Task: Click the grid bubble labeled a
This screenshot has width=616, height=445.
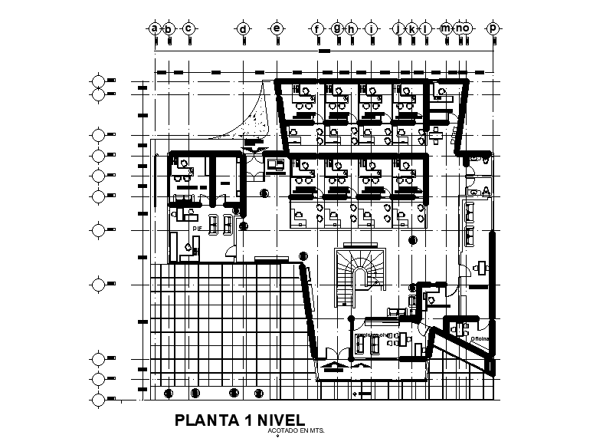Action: coord(155,29)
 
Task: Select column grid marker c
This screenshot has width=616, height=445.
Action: coord(188,29)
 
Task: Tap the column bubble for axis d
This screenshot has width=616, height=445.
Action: coord(243,29)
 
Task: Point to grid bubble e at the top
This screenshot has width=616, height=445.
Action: coord(277,29)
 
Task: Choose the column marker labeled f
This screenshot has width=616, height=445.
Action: coord(316,29)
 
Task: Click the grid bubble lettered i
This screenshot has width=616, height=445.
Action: coord(372,29)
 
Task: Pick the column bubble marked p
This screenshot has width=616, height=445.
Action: coord(493,29)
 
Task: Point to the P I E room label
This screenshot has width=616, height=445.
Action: coord(197,228)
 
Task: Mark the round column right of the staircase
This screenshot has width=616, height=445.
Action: coord(413,240)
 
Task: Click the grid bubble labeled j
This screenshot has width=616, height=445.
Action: coord(398,29)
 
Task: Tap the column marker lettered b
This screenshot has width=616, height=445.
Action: coord(169,29)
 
